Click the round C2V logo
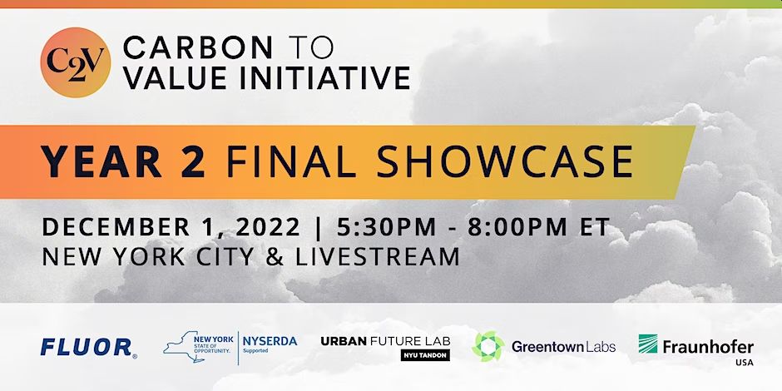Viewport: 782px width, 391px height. coord(76,62)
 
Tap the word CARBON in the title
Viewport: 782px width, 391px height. coord(198,48)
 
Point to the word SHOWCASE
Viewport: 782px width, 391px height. coord(504,161)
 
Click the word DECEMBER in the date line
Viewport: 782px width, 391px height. coord(116,227)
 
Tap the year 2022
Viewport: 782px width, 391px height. coord(268,227)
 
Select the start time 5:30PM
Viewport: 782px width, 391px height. coord(387,227)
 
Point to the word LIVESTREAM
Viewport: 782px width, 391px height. coord(378,257)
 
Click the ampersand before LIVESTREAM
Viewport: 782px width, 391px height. coord(275,257)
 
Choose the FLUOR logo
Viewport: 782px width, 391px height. coord(88,348)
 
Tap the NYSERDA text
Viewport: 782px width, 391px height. coord(270,341)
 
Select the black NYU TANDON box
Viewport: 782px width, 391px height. coord(425,354)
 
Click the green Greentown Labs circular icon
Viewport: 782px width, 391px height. coord(488,346)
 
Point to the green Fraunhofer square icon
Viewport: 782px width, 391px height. coord(648,344)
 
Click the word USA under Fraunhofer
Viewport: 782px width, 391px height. coord(744,363)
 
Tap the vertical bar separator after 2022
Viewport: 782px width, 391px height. coord(319,228)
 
